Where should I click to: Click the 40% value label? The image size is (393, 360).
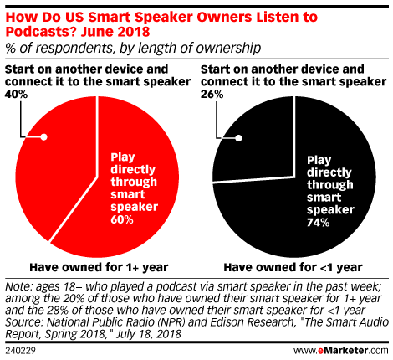pos(16,95)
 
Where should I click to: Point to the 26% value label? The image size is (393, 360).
pos(212,95)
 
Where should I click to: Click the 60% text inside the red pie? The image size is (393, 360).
pos(122,219)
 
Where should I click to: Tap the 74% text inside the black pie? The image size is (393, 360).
pos(318,223)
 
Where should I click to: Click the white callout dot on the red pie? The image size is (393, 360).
pos(43,137)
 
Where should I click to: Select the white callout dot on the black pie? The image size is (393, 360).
pos(238,138)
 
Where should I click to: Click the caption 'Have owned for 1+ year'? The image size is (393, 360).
pos(99,267)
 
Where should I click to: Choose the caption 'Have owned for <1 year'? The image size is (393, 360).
pos(293,267)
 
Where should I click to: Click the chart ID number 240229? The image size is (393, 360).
pos(20,351)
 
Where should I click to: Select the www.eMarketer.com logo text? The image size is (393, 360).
pos(341,351)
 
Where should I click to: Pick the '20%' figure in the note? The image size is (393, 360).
pos(74,298)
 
